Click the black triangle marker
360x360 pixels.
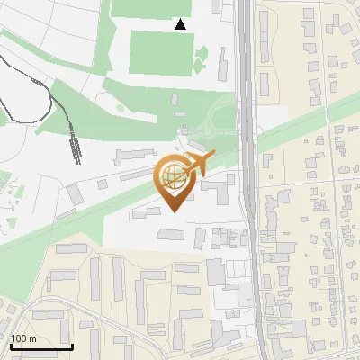click(x=181, y=24)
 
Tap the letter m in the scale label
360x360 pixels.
click(x=33, y=338)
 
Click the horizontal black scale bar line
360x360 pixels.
click(x=40, y=346)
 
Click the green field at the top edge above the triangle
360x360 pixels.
click(x=153, y=8)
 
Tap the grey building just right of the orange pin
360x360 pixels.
click(x=216, y=192)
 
